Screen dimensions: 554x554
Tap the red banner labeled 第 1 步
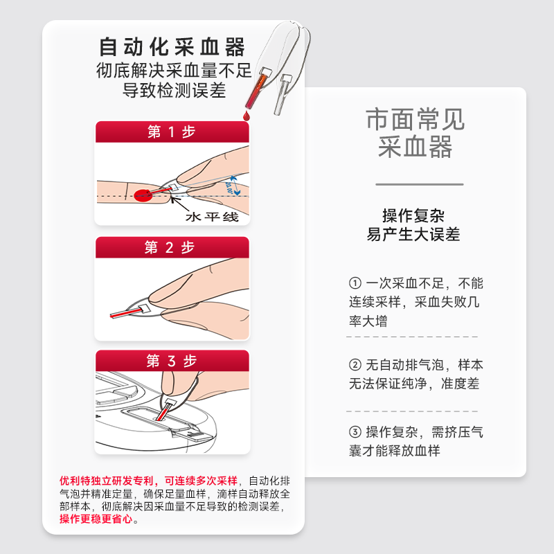click(x=172, y=132)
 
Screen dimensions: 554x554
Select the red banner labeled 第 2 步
click(x=172, y=248)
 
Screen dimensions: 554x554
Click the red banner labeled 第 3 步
click(x=172, y=361)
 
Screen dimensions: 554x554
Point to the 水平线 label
click(x=211, y=217)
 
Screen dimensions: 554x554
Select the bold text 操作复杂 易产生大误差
click(x=413, y=225)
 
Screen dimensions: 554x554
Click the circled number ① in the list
click(x=355, y=283)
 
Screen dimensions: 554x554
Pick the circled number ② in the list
click(x=355, y=365)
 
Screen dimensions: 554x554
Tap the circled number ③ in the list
click(x=355, y=432)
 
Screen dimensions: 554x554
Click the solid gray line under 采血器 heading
click(x=419, y=184)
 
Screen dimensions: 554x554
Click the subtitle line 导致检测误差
click(x=174, y=91)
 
